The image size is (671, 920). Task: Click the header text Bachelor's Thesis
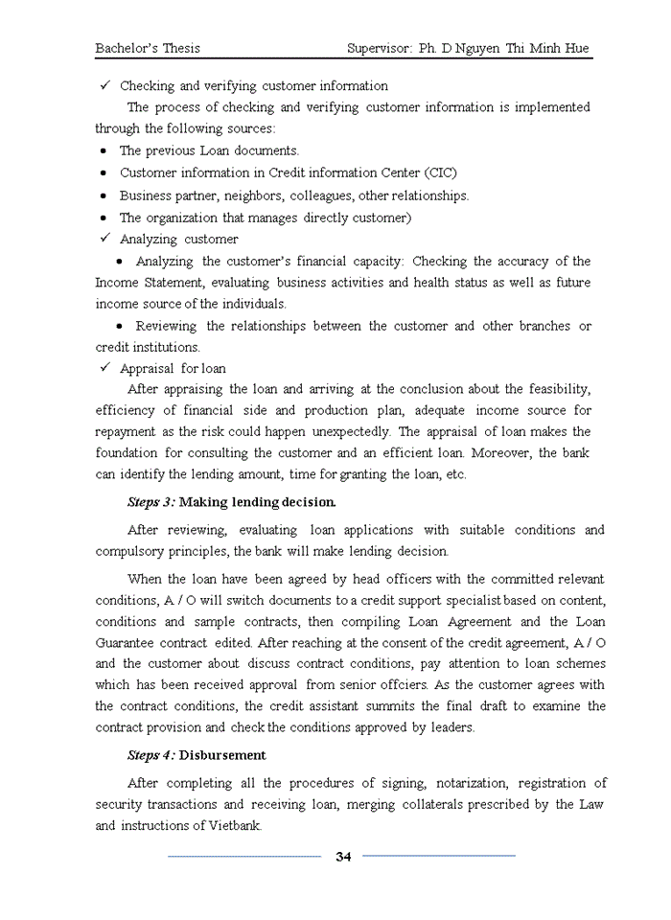148,48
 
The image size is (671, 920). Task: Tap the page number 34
343,857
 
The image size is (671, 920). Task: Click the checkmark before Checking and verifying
107,86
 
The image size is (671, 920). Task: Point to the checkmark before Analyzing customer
107,239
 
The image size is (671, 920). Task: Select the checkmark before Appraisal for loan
107,368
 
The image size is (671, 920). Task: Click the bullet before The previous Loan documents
103,151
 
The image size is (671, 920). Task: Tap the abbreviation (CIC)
440,173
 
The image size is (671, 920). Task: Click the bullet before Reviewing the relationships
119,327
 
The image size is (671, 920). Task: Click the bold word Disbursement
222,755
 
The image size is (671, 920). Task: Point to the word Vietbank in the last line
234,825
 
